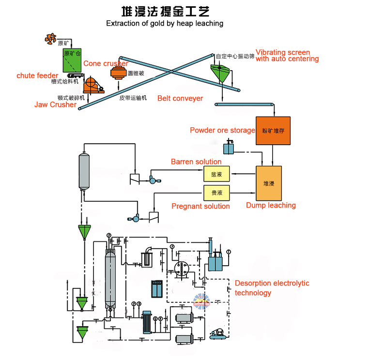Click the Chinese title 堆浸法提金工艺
pyautogui.click(x=165, y=11)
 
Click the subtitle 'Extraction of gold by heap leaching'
pyautogui.click(x=165, y=23)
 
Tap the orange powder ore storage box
pyautogui.click(x=273, y=131)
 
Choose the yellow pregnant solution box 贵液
pyautogui.click(x=216, y=193)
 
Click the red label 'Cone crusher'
pyautogui.click(x=106, y=63)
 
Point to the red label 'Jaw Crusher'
pyautogui.click(x=55, y=105)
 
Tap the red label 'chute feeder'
pyautogui.click(x=37, y=75)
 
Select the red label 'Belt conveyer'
pyautogui.click(x=180, y=98)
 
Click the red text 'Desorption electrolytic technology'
pyautogui.click(x=272, y=288)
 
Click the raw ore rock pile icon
pyautogui.click(x=50, y=38)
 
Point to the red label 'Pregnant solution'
pyautogui.click(x=200, y=206)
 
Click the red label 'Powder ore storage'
pyautogui.click(x=222, y=130)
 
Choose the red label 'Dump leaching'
pyautogui.click(x=271, y=205)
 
